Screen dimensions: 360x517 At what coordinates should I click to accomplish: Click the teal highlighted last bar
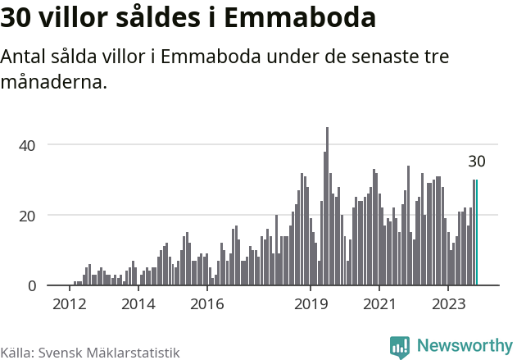click(477, 233)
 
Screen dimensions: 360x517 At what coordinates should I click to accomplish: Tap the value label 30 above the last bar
click(477, 162)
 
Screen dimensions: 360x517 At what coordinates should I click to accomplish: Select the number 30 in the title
click(18, 18)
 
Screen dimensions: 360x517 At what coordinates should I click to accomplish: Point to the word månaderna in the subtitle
click(54, 83)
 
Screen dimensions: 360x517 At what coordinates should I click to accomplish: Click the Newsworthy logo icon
click(400, 347)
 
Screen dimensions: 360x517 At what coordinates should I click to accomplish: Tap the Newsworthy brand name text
click(464, 346)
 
